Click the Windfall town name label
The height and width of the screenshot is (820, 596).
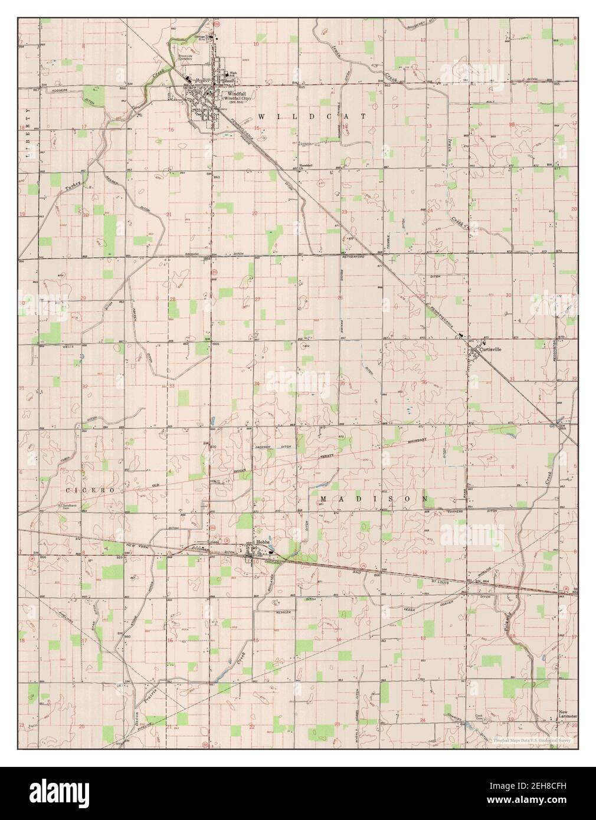click(237, 93)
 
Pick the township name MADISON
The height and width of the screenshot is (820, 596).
click(374, 498)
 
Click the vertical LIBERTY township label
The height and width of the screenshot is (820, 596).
click(27, 134)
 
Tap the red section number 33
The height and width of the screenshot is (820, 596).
click(172, 386)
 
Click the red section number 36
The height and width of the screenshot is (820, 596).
click(424, 382)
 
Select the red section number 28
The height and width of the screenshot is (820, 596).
click(172, 300)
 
